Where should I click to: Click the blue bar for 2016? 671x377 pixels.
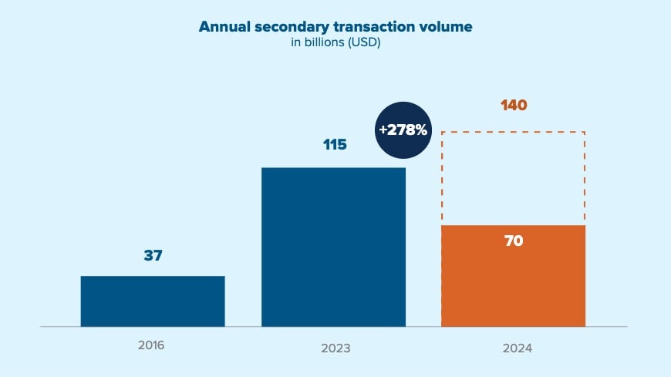pos(153,301)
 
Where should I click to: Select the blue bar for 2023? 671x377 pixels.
pos(333,247)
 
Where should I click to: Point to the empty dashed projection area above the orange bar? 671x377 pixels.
pos(513,179)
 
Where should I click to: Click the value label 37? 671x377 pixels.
pos(153,255)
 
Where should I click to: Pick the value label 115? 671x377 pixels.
pos(335,144)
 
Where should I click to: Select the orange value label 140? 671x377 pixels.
pos(514,105)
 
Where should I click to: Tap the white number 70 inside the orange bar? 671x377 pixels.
pos(514,241)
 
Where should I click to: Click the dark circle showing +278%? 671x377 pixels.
pos(402,130)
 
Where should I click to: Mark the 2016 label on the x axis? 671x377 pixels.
pos(151,345)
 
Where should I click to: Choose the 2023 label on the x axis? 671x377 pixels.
pos(335,348)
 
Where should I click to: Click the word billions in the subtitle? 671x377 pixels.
pos(323,43)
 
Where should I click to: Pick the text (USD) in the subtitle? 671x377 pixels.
pos(364,43)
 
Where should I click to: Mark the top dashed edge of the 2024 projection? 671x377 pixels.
pos(513,132)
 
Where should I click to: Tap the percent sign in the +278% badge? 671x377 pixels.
pos(420,130)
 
